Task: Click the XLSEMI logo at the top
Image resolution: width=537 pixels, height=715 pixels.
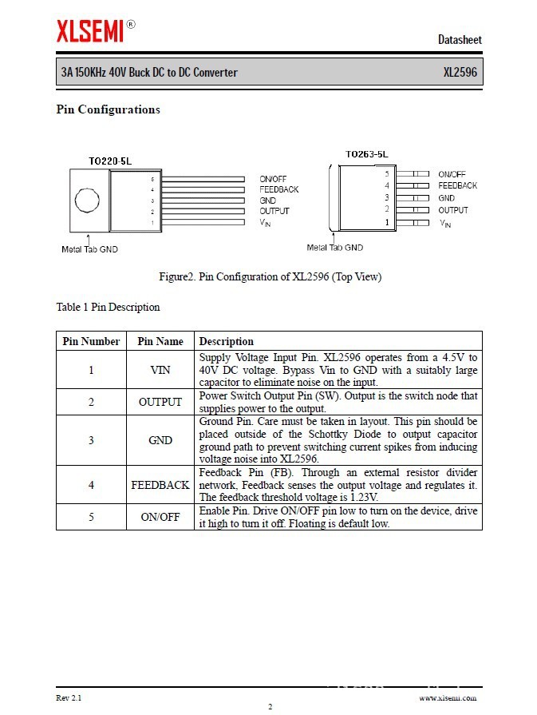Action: [91, 31]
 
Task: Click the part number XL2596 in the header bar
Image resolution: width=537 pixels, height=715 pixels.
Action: [460, 73]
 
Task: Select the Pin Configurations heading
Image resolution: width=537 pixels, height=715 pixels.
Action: [108, 109]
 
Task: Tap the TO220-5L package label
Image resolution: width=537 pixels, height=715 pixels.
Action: [110, 161]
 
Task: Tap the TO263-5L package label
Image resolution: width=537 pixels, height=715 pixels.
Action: [367, 153]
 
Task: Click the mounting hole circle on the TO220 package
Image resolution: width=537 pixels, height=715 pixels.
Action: [86, 201]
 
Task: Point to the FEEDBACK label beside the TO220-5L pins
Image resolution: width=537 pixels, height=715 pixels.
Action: [279, 189]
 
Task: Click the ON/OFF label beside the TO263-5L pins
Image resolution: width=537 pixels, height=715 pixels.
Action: [452, 174]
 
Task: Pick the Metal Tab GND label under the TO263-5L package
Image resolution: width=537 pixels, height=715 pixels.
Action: [335, 248]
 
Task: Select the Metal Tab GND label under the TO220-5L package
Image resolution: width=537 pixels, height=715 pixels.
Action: [89, 249]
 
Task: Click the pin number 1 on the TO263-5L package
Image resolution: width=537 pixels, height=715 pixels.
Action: [387, 223]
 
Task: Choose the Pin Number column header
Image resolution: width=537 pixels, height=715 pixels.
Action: [91, 341]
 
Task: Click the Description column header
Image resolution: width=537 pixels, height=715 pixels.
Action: [227, 341]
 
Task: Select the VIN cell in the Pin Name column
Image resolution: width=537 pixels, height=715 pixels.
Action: [160, 370]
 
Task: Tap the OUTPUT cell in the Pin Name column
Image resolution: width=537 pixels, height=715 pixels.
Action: [160, 402]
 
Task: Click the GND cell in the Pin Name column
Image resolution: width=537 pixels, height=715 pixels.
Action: [160, 440]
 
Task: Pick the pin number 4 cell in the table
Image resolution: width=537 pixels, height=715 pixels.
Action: [91, 485]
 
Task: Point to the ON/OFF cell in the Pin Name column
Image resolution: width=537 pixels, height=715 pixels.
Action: [160, 517]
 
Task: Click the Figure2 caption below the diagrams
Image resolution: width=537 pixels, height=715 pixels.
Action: [270, 277]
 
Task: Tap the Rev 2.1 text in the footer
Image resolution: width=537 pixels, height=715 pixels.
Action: [69, 698]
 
